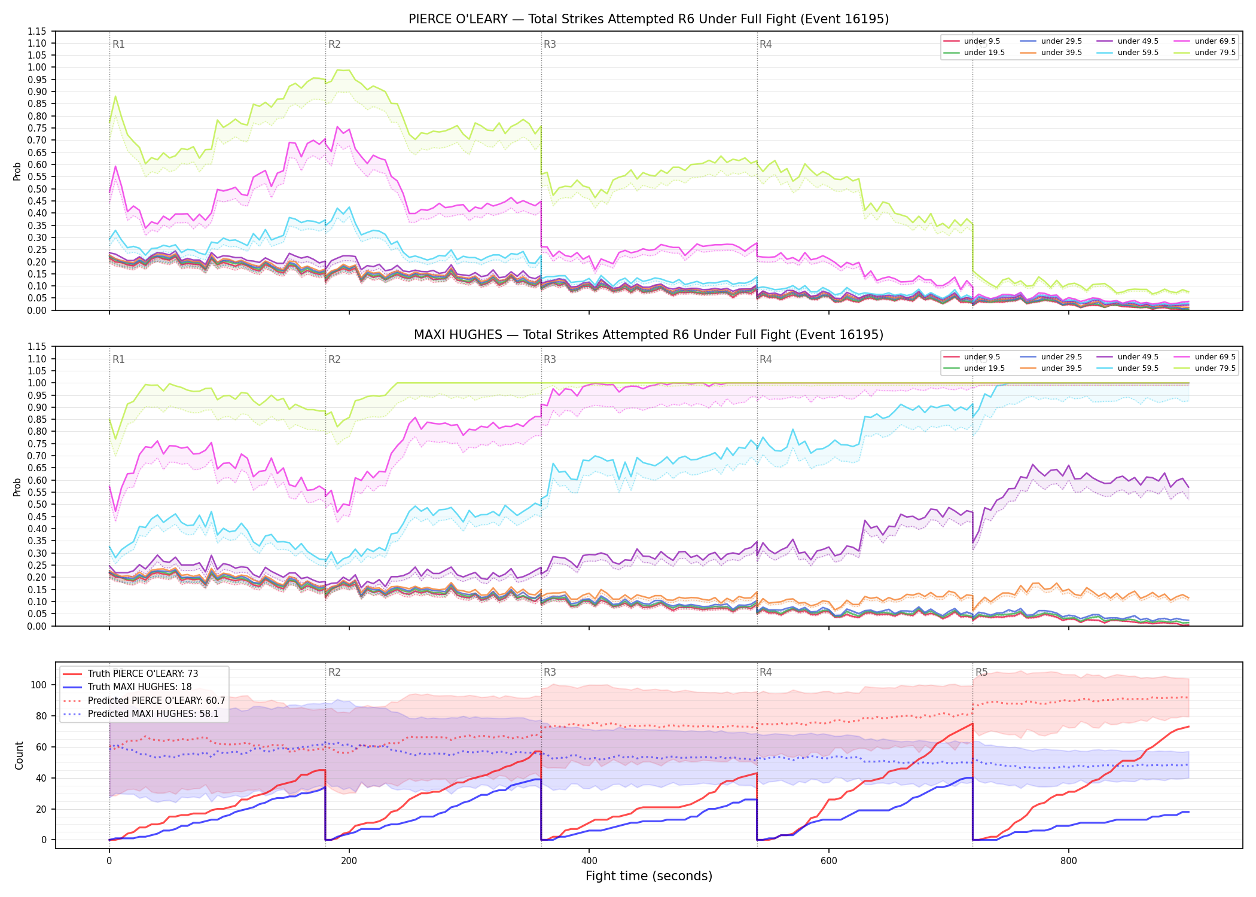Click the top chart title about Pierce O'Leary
[x=648, y=19]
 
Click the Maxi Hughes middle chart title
[x=648, y=335]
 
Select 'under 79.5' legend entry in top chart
[x=1215, y=53]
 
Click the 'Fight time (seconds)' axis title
[x=649, y=876]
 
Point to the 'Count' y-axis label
[x=19, y=755]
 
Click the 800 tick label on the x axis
[x=1068, y=861]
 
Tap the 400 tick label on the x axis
[x=589, y=861]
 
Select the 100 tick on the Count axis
[x=39, y=685]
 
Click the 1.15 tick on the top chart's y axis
[x=36, y=31]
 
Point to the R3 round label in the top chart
[x=550, y=44]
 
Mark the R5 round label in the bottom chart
[x=981, y=672]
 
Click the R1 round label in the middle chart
[x=118, y=359]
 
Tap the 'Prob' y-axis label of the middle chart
[x=17, y=487]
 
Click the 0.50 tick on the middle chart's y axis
[x=36, y=505]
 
